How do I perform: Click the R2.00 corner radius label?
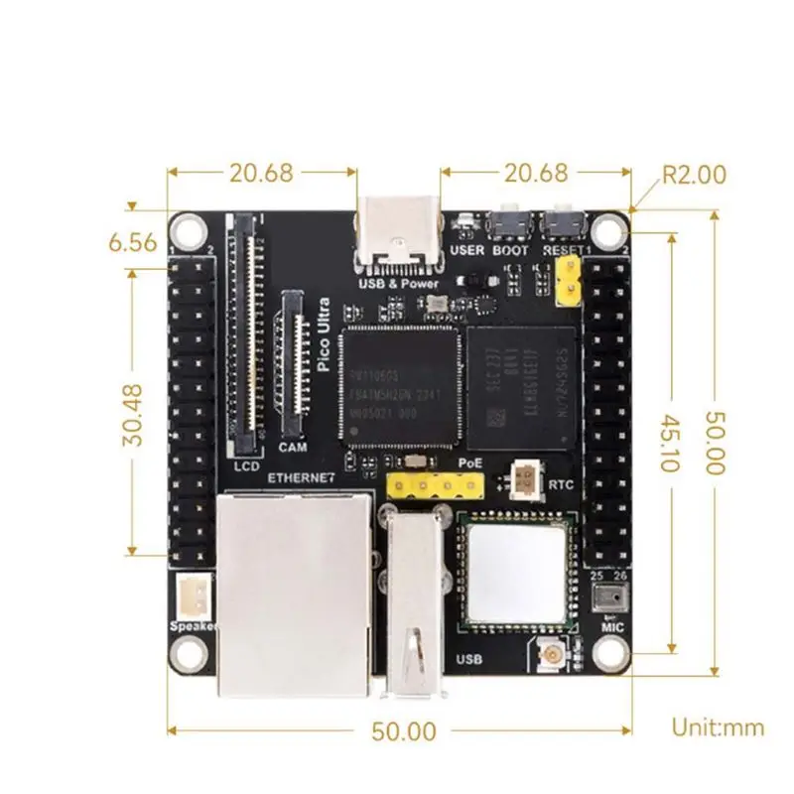[x=694, y=175]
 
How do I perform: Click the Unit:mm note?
[x=718, y=728]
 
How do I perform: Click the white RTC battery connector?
[x=524, y=481]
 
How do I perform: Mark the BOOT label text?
[x=510, y=250]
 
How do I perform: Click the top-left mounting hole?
[x=186, y=231]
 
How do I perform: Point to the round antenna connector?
[x=549, y=654]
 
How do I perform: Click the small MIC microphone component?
[x=606, y=596]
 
